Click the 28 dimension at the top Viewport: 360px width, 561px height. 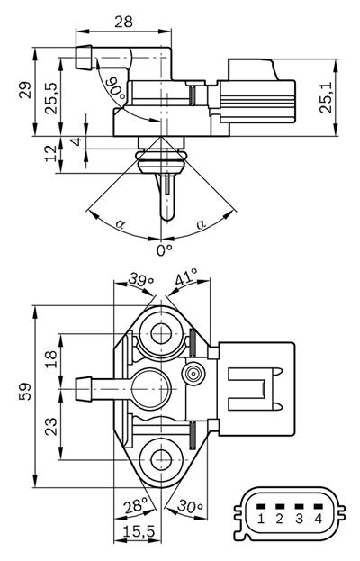[123, 20]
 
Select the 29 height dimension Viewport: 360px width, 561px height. [24, 90]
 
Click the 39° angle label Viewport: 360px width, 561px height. [141, 281]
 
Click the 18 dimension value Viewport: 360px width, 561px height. [52, 359]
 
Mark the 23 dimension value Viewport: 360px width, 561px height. [52, 422]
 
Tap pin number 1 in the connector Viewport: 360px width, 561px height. [260, 519]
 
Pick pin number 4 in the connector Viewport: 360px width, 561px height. [317, 519]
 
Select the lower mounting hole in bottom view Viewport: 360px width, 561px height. [163, 457]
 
